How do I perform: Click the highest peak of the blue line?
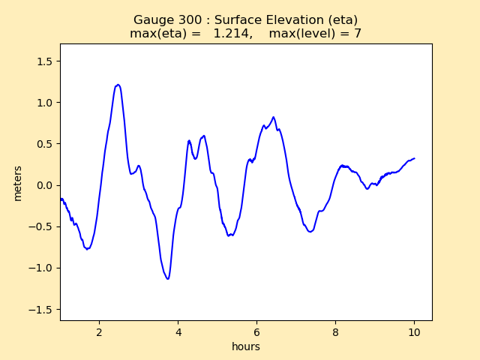[118, 85]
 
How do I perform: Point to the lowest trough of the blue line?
[168, 279]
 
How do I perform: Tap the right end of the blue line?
[415, 158]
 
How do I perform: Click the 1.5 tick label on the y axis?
[45, 61]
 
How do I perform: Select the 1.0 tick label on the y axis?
[45, 103]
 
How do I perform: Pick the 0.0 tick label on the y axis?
[45, 185]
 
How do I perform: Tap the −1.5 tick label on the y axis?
[42, 309]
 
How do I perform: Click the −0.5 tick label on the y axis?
[42, 226]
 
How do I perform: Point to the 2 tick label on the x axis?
[99, 331]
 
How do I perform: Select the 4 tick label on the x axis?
[178, 331]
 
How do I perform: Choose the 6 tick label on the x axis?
[256, 331]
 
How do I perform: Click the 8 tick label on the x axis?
[336, 331]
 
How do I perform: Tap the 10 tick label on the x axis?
[414, 331]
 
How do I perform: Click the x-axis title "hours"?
[246, 346]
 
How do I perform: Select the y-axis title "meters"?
[18, 183]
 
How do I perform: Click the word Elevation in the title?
[301, 20]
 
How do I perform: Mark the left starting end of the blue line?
[60, 199]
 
